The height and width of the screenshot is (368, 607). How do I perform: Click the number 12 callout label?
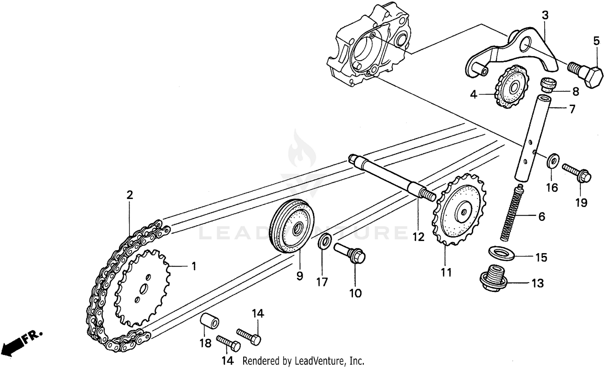(418, 237)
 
